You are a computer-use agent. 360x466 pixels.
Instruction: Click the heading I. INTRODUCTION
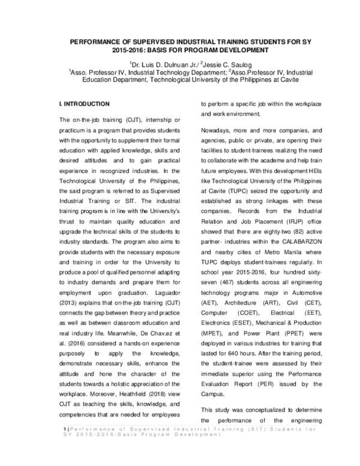pos(84,103)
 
